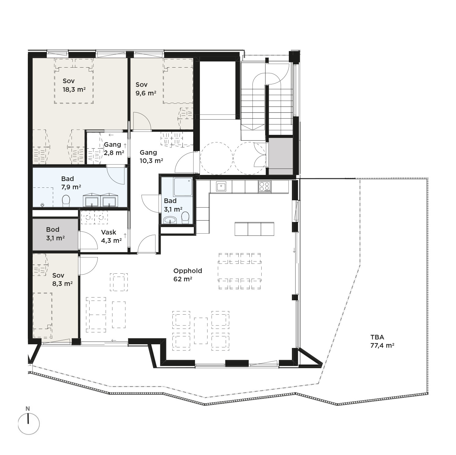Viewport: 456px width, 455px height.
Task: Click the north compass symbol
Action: click(29, 424)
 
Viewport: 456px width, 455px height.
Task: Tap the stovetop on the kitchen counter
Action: click(265, 186)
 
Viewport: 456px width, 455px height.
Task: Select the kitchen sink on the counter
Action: click(221, 186)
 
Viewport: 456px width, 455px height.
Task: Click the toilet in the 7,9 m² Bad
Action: click(66, 201)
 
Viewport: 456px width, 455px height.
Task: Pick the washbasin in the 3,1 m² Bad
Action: click(170, 220)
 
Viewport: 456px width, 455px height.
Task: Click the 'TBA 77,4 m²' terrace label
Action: click(382, 342)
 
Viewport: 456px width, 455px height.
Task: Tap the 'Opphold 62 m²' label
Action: click(188, 275)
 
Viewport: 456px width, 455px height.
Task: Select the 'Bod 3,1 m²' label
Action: click(55, 234)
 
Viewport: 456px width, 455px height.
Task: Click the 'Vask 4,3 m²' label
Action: click(111, 236)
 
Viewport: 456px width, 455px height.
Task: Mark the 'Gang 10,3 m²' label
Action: click(151, 156)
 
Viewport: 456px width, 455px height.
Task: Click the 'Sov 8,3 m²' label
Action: click(62, 279)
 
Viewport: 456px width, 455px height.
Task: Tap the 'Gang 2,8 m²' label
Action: click(114, 149)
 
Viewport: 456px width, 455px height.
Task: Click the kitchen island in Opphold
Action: click(254, 229)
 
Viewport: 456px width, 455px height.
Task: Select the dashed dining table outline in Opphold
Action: click(240, 271)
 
